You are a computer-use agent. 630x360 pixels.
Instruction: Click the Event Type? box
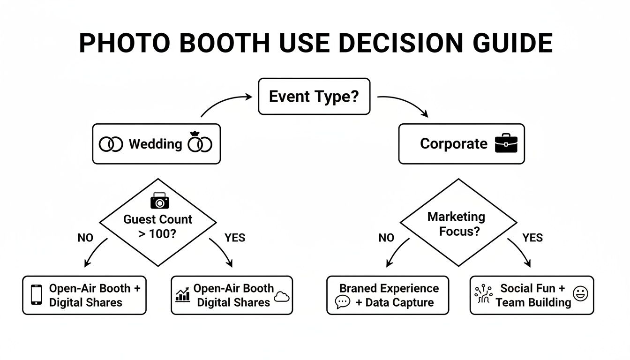(x=314, y=97)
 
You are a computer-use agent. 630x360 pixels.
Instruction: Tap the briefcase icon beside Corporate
(x=506, y=143)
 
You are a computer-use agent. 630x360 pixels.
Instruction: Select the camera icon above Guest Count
(x=159, y=201)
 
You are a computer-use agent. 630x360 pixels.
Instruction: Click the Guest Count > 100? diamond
(x=158, y=225)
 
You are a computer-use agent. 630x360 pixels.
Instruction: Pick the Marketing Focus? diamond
(x=458, y=223)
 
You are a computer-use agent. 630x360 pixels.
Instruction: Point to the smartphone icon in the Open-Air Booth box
(x=36, y=295)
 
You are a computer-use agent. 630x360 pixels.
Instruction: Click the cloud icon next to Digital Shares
(x=282, y=297)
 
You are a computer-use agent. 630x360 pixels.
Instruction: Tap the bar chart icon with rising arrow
(x=182, y=294)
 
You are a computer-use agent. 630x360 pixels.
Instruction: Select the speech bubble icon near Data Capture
(x=343, y=302)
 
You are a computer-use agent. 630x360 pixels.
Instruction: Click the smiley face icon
(x=580, y=294)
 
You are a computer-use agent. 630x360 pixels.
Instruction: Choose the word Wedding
(x=155, y=144)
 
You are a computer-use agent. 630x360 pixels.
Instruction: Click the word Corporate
(x=454, y=143)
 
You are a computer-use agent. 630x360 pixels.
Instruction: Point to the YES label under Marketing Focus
(x=532, y=238)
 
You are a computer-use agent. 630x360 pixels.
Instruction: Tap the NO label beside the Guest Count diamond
(x=85, y=238)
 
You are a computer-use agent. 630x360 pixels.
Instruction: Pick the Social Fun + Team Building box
(x=532, y=295)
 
